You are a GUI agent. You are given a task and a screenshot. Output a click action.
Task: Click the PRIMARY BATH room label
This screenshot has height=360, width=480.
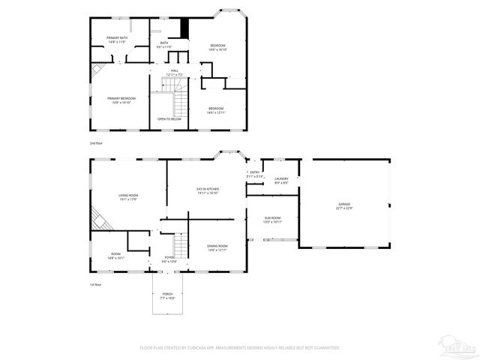[x=118, y=40]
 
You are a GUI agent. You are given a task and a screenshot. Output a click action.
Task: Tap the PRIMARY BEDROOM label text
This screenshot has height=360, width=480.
[x=121, y=100]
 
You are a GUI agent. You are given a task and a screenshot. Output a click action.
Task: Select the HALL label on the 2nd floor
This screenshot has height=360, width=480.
[x=174, y=73]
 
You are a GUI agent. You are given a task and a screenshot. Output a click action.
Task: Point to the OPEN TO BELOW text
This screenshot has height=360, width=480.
[x=169, y=119]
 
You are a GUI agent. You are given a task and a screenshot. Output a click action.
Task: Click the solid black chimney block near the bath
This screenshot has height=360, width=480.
[x=184, y=28]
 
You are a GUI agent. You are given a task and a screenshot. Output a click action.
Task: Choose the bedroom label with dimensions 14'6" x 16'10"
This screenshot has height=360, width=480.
[x=217, y=47]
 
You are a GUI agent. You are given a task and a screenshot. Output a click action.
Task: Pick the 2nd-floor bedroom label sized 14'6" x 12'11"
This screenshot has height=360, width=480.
[x=216, y=110]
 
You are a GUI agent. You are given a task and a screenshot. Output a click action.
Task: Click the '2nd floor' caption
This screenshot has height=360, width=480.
[x=95, y=142]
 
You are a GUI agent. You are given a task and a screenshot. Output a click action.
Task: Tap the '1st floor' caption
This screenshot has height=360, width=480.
[x=95, y=284]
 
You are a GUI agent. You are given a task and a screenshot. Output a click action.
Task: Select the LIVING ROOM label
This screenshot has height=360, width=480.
[x=128, y=197]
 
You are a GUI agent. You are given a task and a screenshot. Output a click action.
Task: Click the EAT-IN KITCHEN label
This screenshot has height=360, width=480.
[x=207, y=190]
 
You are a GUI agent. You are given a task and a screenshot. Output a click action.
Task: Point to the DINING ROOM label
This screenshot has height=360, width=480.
[x=217, y=247]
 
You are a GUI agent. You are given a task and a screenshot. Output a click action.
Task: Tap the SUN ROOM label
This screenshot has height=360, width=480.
[x=271, y=219]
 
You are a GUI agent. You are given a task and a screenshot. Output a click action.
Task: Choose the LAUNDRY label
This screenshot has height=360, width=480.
[x=281, y=180]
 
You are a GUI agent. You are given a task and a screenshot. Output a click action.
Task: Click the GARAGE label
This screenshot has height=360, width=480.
[x=344, y=205]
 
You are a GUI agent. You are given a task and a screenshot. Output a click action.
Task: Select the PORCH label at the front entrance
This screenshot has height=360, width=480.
[x=166, y=296]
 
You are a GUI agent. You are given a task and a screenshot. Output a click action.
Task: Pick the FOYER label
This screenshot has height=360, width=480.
[x=169, y=259]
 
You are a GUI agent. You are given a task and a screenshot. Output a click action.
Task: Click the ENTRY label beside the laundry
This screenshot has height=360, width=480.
[x=254, y=174]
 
